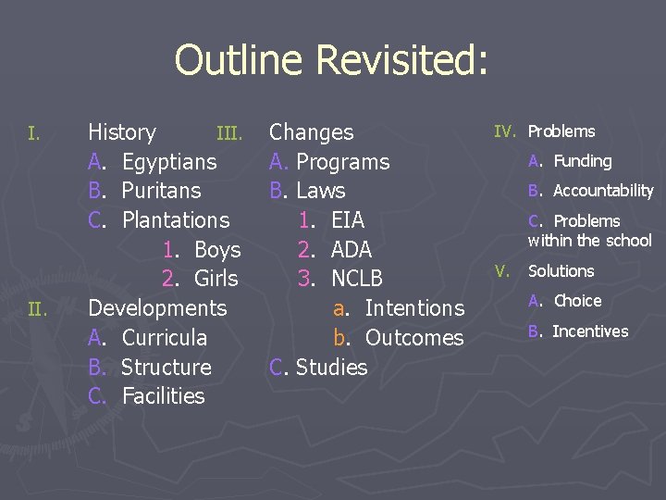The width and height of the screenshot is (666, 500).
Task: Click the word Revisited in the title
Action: tap(401, 61)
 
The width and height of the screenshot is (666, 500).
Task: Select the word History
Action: tap(122, 132)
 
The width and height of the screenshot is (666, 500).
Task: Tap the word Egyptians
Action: tap(169, 162)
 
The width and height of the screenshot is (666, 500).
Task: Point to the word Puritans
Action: tap(161, 191)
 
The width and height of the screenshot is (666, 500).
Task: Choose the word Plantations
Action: tap(176, 220)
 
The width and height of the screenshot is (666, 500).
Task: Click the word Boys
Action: tap(217, 250)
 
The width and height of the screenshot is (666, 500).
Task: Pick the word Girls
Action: tap(216, 279)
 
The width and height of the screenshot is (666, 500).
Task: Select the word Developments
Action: tap(157, 308)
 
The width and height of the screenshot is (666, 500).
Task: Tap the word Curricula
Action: tap(165, 338)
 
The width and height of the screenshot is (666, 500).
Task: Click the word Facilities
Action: tap(164, 396)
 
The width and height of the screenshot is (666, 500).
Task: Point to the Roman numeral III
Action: tap(229, 134)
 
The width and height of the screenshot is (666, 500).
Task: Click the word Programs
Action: tap(343, 162)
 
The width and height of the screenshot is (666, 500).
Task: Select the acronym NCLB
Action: tap(357, 279)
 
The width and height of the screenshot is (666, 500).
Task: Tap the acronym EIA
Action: tap(348, 220)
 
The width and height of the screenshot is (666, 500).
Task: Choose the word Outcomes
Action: tap(414, 338)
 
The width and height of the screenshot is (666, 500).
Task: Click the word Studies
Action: tap(331, 368)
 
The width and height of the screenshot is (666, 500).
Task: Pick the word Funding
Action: tap(583, 161)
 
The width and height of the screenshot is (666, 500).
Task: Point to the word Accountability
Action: tap(603, 191)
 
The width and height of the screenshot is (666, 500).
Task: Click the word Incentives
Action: tap(590, 331)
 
